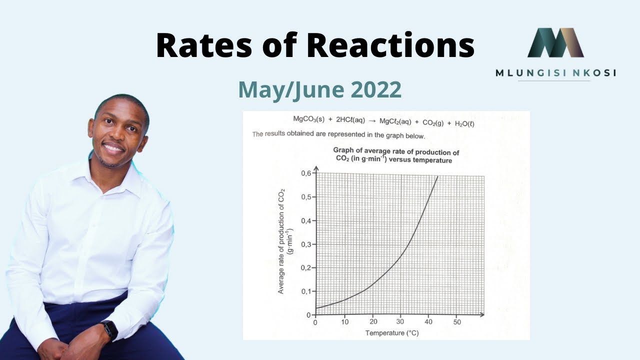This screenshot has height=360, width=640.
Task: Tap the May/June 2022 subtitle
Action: (x=319, y=89)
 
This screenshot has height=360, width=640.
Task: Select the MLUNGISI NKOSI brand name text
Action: (x=555, y=73)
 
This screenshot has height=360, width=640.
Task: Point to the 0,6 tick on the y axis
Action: (x=305, y=173)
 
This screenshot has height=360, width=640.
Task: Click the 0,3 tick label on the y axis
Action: (x=305, y=244)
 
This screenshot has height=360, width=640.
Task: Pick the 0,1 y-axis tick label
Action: (x=305, y=291)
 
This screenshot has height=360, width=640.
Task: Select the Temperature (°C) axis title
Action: (x=391, y=333)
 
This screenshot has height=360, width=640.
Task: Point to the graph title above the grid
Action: (x=395, y=156)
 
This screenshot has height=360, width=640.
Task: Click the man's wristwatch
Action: (x=109, y=329)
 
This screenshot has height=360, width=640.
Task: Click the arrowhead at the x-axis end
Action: (x=481, y=315)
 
